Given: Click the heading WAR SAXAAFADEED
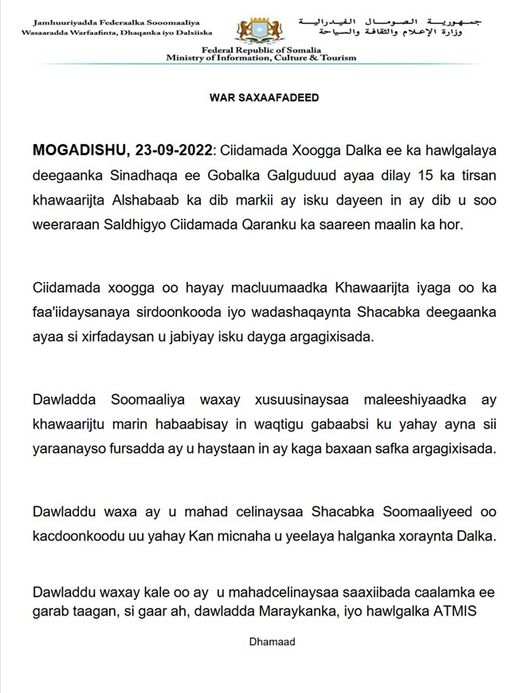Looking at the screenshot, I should tap(264, 98).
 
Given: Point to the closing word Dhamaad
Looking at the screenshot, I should tap(262, 641).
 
